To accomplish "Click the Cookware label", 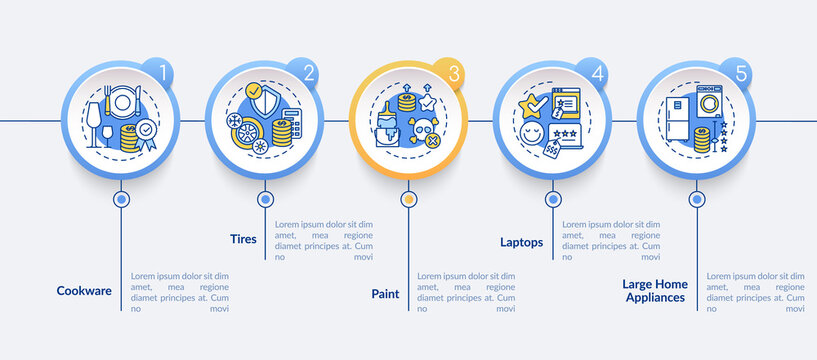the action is point(84,292).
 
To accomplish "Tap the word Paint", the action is point(385,294).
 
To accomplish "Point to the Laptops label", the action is point(521,241).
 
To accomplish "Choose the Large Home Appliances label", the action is point(655,291).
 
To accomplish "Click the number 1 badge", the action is point(161,73).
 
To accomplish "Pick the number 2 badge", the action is point(308,73).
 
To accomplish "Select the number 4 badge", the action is point(597,73).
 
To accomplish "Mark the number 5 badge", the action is point(741,73).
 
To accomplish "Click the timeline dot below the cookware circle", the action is point(121,199).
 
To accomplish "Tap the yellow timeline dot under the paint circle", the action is point(408,199).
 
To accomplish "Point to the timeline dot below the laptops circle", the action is point(553,199).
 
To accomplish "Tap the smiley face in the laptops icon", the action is point(532,133).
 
